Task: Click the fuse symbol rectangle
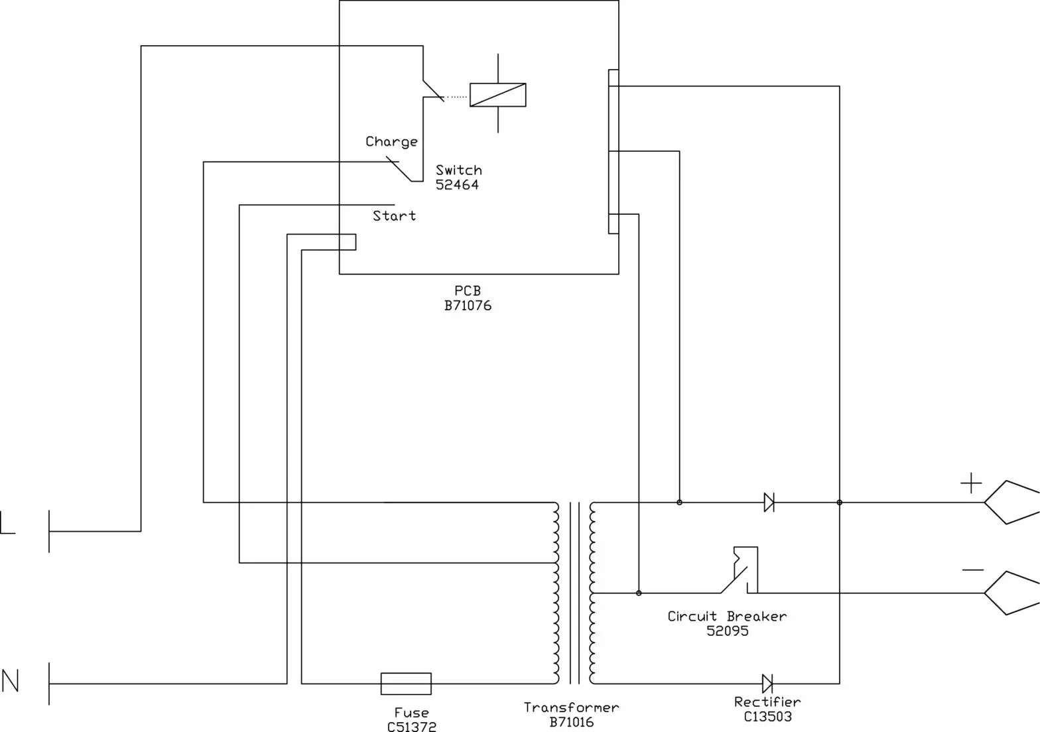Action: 406,684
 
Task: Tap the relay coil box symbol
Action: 497,95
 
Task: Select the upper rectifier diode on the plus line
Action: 769,503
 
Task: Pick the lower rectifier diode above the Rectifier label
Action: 767,684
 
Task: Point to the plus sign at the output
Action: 970,483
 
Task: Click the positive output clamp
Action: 1011,502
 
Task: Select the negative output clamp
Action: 1011,593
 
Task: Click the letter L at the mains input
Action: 7,522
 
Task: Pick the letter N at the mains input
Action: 10,681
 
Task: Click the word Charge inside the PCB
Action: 391,142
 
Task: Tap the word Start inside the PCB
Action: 394,216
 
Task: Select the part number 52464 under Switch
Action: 457,185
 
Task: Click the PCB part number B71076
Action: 468,306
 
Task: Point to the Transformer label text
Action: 571,707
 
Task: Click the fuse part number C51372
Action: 411,727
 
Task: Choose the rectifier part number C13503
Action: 767,716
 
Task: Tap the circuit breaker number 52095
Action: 727,631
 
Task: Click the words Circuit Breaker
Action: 727,617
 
